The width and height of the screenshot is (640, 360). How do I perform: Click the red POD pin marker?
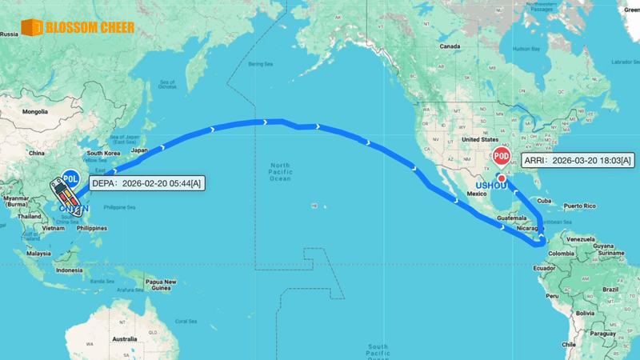[502, 157]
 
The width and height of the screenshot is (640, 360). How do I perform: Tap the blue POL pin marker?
[70, 178]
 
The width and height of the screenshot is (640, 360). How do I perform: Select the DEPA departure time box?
[146, 183]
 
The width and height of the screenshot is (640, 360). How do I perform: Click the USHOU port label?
[492, 186]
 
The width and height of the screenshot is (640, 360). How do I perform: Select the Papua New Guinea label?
[160, 284]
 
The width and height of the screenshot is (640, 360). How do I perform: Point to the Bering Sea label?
[261, 63]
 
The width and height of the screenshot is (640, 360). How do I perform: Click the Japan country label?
[139, 150]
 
